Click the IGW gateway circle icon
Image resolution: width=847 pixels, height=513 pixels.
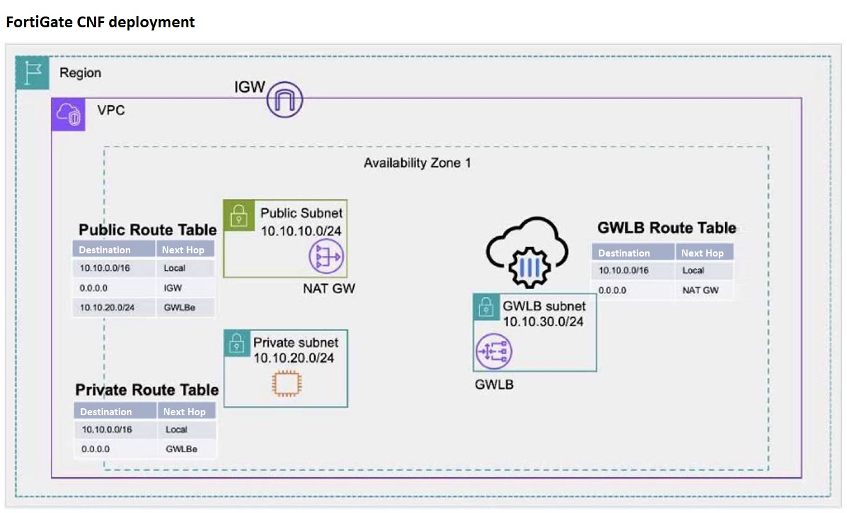(284, 100)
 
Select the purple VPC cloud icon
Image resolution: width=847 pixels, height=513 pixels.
(68, 115)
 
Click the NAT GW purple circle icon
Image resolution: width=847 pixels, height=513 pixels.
(325, 257)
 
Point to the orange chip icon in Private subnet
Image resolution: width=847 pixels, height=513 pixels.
(286, 383)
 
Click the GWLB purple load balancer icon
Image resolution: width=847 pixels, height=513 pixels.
(494, 351)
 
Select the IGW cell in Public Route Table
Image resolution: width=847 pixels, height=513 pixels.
(173, 288)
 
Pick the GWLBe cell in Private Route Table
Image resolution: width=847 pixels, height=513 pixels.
(182, 449)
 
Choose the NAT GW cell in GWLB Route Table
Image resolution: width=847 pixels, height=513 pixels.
(700, 290)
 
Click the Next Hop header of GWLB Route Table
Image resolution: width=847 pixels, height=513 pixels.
(702, 253)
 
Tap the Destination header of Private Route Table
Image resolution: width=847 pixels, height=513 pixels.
(106, 411)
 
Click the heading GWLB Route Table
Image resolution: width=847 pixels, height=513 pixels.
(667, 228)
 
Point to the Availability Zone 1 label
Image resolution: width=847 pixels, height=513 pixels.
(417, 163)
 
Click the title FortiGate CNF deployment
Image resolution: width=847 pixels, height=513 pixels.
(100, 22)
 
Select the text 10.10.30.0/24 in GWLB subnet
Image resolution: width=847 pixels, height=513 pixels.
(543, 322)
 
